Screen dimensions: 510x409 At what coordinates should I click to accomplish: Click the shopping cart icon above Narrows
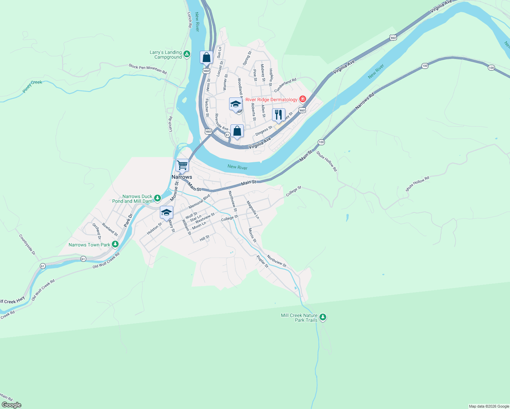tap(182, 165)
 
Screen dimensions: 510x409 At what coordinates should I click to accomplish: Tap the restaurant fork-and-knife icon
tap(279, 115)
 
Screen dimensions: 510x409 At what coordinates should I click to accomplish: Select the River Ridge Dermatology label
tap(271, 100)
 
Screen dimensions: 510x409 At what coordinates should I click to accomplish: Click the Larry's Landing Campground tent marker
tap(187, 54)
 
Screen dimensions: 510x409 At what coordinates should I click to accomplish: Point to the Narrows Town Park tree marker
tap(115, 244)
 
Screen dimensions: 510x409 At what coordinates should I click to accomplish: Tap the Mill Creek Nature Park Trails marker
tap(323, 317)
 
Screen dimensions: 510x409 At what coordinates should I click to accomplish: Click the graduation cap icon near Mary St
tap(166, 212)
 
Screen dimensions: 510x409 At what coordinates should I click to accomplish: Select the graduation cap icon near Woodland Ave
tap(236, 104)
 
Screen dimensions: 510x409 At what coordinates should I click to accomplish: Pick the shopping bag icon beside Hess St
tap(206, 57)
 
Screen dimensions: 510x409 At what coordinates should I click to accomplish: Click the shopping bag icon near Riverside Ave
tap(237, 131)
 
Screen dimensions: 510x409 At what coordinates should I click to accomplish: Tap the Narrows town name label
tap(182, 177)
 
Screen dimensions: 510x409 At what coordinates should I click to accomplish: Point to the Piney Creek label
tap(32, 86)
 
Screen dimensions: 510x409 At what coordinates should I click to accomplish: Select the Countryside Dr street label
tap(27, 244)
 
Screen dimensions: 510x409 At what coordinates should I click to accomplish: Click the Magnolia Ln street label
tap(253, 210)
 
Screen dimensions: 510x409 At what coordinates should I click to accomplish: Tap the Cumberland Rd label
tap(285, 85)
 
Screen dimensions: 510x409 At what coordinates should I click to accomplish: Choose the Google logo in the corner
tap(12, 405)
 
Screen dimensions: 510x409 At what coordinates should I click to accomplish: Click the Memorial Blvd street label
tap(199, 202)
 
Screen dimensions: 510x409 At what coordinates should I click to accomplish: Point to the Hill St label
tap(205, 238)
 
